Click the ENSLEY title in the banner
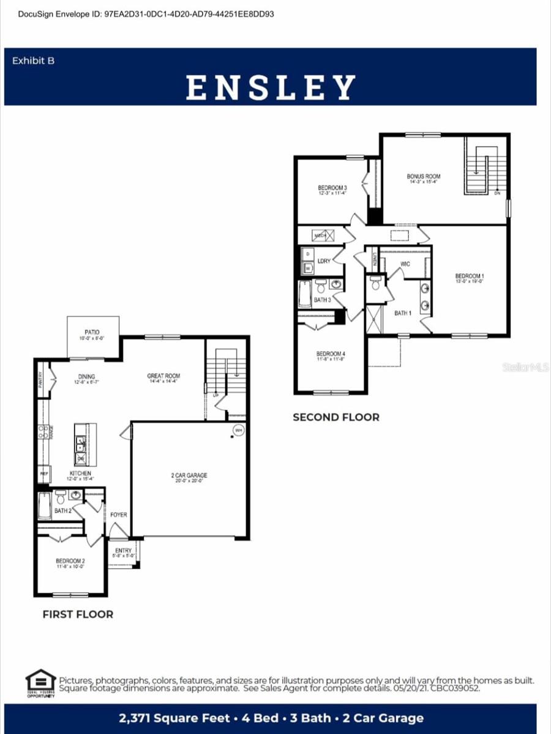pos(271,87)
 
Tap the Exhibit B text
pos(33,61)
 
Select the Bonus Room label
pos(424,177)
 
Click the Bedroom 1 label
pos(470,276)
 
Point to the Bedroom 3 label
pos(332,188)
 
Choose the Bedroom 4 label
pos(331,354)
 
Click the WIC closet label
pos(405,264)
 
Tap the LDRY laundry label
pos(324,261)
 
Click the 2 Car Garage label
pos(189,475)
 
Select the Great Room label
pos(163,376)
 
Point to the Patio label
pos(93,332)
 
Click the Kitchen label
pos(80,473)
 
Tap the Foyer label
pos(119,514)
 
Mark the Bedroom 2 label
pos(70,561)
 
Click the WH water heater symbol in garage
pos(238,431)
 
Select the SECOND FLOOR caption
pos(335,417)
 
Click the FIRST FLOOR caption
pos(78,614)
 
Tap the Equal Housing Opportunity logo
pos(40,683)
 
